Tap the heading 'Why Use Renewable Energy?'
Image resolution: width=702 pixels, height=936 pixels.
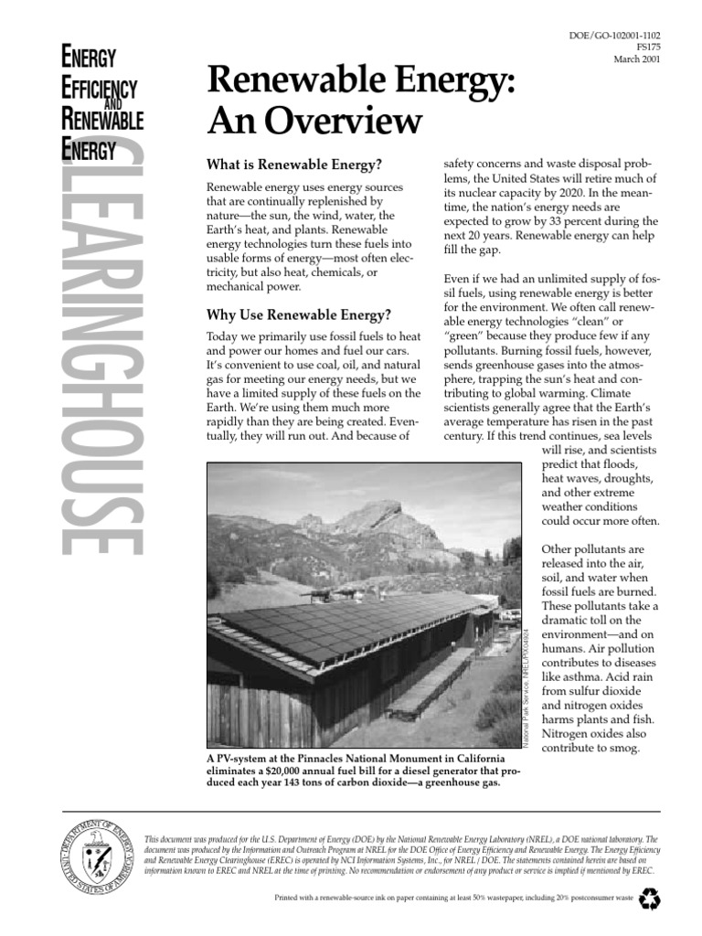tap(300, 315)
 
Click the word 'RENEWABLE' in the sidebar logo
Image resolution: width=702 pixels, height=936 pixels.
tap(102, 119)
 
